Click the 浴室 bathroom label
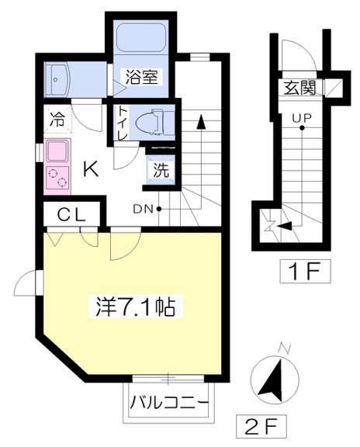point(142,76)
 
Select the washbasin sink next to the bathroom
point(57,80)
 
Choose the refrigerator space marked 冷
point(57,120)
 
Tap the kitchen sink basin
point(57,151)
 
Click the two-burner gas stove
point(57,178)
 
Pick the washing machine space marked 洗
point(161,170)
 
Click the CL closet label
point(71,215)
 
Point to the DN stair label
point(144,210)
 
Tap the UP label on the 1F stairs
point(302,118)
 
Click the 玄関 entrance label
point(299,88)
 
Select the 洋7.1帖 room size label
point(135,307)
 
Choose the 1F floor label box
point(305,271)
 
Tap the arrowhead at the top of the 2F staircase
point(201,121)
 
